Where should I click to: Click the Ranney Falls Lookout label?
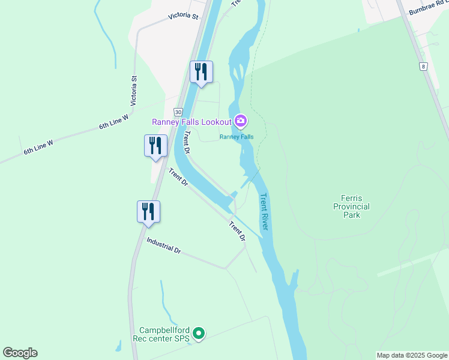point(191,122)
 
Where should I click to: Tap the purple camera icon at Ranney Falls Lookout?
point(241,122)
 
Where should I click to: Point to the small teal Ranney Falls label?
point(237,137)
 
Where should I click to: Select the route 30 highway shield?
point(178,112)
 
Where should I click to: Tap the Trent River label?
point(265,212)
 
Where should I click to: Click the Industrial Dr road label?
point(164,245)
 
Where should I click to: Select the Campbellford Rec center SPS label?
point(164,334)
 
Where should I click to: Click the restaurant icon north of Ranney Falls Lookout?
point(201,72)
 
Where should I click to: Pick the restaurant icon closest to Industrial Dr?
point(148,211)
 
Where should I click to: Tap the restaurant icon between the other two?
point(155,145)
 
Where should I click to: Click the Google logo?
point(20,353)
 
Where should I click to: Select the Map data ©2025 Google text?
point(412,355)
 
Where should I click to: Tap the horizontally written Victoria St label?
point(183,16)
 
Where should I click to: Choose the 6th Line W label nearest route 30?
point(114,122)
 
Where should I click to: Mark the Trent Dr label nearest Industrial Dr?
point(237,231)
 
